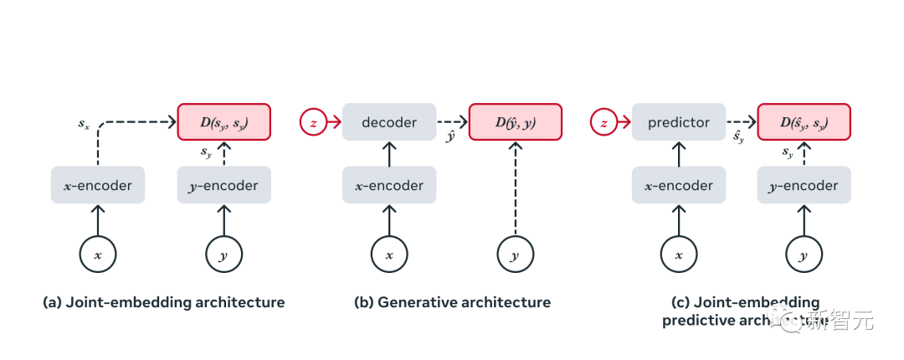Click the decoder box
pyautogui.click(x=389, y=122)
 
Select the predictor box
pyautogui.click(x=678, y=122)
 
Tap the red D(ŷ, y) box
pyautogui.click(x=515, y=122)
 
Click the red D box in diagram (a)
pyautogui.click(x=224, y=122)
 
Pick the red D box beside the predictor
pyautogui.click(x=804, y=122)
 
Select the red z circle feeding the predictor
pyautogui.click(x=604, y=122)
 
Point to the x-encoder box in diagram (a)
pyautogui.click(x=98, y=185)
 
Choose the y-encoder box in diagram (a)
pyautogui.click(x=223, y=185)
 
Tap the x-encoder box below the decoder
pyautogui.click(x=389, y=185)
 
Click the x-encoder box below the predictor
pyautogui.click(x=678, y=185)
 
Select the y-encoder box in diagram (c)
pyautogui.click(x=804, y=185)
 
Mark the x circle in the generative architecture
pyautogui.click(x=389, y=255)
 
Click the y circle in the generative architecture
pyautogui.click(x=515, y=255)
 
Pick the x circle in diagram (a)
pyautogui.click(x=98, y=255)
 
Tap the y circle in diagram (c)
pyautogui.click(x=804, y=255)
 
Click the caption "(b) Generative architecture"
pyautogui.click(x=452, y=302)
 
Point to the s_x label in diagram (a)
pyautogui.click(x=84, y=124)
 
